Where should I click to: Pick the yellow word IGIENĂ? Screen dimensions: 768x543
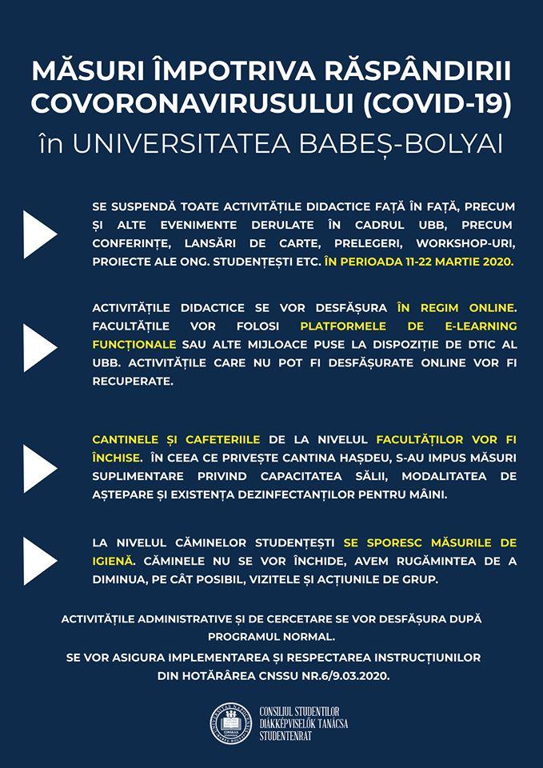coord(114,561)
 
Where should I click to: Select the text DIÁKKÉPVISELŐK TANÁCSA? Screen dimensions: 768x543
coord(304,724)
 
